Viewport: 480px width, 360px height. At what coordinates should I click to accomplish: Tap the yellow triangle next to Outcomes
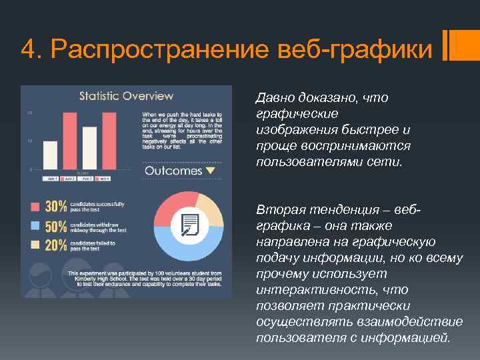tap(211, 171)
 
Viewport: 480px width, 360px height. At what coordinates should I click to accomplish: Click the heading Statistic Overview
tap(126, 96)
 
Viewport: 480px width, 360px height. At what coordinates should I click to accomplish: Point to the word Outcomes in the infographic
tap(173, 171)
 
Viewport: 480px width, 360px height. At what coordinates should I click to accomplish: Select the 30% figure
tap(55, 207)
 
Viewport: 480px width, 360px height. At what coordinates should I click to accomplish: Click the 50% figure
tap(55, 226)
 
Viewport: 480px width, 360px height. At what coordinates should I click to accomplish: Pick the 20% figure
tap(55, 245)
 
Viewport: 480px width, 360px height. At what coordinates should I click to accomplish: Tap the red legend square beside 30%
tap(33, 207)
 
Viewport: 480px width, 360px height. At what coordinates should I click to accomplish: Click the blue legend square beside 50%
tap(33, 226)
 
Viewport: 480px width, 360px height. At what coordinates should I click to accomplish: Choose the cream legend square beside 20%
tap(33, 245)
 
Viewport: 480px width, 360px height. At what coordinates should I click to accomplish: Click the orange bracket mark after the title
tap(449, 46)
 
